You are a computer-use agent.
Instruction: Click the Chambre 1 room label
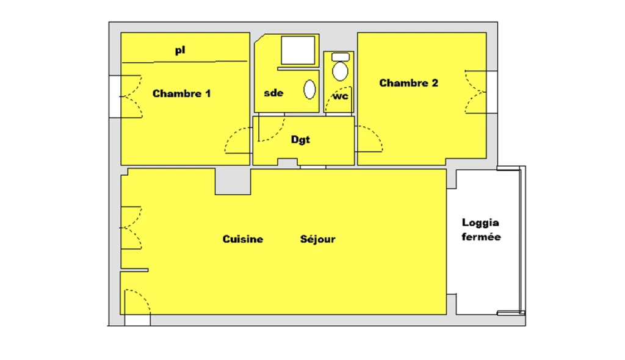tap(181, 94)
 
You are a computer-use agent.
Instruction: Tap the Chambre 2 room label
tap(408, 83)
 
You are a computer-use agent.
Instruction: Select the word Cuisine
tap(243, 239)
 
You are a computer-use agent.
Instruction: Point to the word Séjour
tap(317, 239)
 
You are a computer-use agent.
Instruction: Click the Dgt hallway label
tap(300, 140)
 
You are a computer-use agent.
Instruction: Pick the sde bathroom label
tap(273, 93)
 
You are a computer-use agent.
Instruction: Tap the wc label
tap(341, 96)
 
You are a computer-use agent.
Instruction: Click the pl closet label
tap(180, 50)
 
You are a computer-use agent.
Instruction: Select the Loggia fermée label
tap(481, 229)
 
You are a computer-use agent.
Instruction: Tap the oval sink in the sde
tap(309, 89)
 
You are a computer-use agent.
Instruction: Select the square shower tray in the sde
tap(298, 50)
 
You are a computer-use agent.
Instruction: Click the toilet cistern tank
tap(341, 57)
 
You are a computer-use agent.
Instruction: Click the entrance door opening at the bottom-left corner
tap(137, 320)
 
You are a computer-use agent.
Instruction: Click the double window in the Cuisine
tap(131, 228)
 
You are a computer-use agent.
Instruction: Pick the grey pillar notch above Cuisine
tap(233, 181)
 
